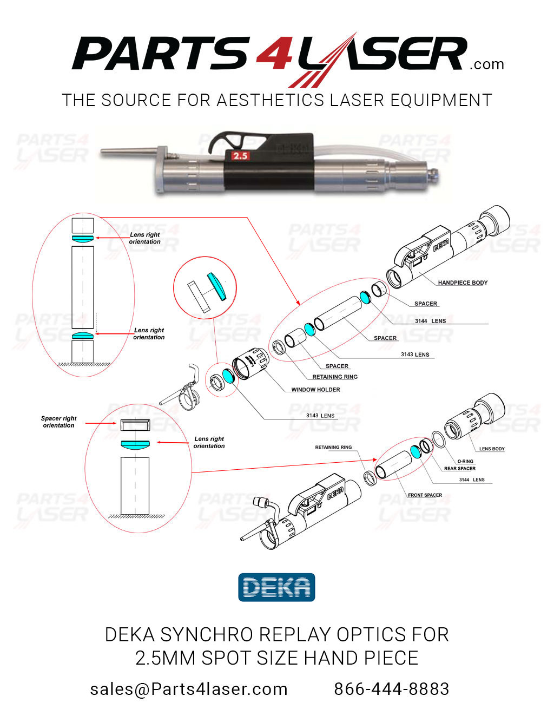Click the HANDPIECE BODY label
(x=463, y=283)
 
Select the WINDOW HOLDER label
(x=315, y=390)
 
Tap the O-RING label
(x=465, y=461)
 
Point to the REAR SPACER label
(x=459, y=469)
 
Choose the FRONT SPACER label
(x=425, y=495)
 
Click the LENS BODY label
(x=491, y=449)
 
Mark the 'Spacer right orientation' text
(x=58, y=422)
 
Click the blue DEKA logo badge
(x=276, y=588)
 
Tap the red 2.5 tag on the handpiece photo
(x=240, y=156)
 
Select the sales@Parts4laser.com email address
(x=189, y=689)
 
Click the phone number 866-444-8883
(x=391, y=689)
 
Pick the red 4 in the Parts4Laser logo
(x=275, y=54)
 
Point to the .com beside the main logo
(x=487, y=64)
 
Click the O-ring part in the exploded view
(x=439, y=439)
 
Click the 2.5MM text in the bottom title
(x=165, y=658)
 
